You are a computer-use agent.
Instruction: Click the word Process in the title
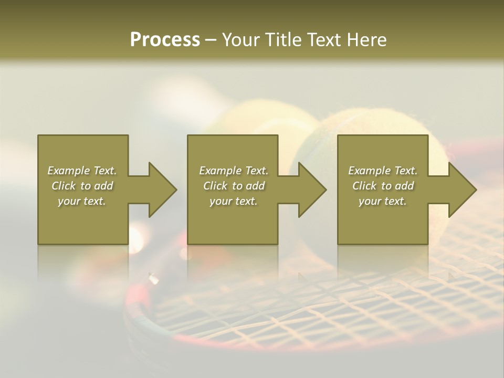coord(165,40)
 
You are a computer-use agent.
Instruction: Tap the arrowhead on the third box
coord(460,190)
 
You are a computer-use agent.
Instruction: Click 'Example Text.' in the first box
coord(82,171)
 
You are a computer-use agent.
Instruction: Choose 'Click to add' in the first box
coord(82,186)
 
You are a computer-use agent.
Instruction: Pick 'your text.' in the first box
coord(82,201)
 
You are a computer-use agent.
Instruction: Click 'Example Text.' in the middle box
coord(233,171)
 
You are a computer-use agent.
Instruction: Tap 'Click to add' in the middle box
coord(233,186)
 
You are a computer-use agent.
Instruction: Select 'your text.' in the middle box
coord(233,201)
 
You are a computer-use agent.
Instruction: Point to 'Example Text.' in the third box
coord(383,171)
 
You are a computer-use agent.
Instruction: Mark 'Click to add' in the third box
coord(383,186)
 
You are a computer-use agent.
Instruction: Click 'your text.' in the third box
coord(383,201)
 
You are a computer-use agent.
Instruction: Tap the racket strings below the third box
coord(399,283)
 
